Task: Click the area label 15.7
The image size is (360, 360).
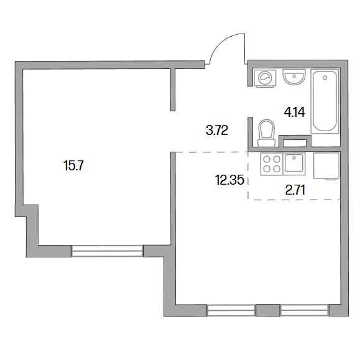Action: pos(73,165)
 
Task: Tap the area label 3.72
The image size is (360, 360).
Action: pos(217,131)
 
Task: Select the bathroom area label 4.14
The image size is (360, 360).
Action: pos(294,113)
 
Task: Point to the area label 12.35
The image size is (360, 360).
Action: pos(229,180)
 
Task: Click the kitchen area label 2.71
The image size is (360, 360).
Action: pos(295,190)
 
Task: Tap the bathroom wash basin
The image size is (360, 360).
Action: pos(294,76)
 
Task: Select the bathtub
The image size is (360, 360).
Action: pos(325,101)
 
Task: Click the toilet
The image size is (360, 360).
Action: pos(267,133)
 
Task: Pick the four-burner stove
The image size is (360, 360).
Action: pos(272,164)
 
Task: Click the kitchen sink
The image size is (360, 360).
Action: pos(294,164)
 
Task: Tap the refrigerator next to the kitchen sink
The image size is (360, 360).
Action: pos(326,166)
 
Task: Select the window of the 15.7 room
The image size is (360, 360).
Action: pos(107,251)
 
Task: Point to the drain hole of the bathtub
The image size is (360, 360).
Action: pos(325,78)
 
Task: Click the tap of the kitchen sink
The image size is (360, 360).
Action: pos(294,158)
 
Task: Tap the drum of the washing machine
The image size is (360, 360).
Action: pos(265,78)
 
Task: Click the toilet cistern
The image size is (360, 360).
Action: pos(267,143)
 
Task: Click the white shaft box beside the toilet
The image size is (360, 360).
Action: pos(295,143)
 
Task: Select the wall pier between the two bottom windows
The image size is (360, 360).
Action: pos(268,310)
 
